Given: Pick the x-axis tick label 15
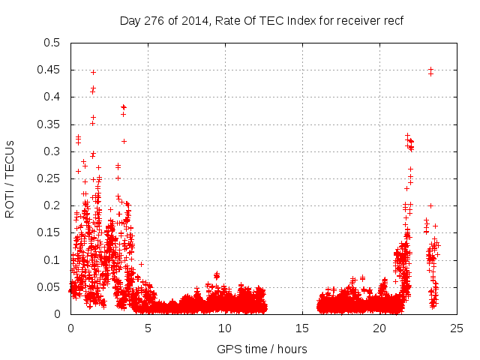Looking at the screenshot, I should click(x=302, y=328).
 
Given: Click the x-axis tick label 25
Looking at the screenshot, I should click(x=457, y=328).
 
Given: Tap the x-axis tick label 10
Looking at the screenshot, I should click(x=225, y=328).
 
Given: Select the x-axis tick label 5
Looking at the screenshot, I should click(x=148, y=328).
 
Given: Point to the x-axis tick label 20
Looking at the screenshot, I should click(x=380, y=328).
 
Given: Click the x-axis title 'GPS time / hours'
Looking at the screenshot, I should click(x=262, y=349).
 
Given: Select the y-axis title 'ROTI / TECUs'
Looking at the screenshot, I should click(x=10, y=178).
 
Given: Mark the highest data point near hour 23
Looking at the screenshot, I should click(x=430, y=70).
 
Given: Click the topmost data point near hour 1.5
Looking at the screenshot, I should click(x=93, y=72).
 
